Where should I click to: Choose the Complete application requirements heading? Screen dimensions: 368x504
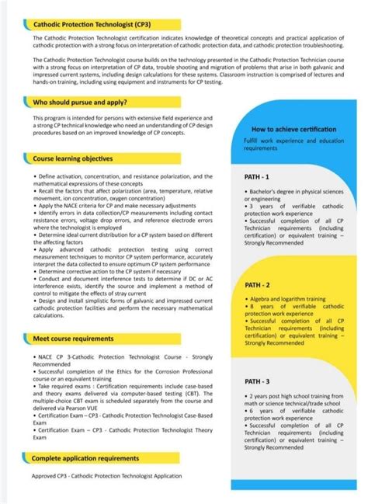pyautogui.click(x=85, y=458)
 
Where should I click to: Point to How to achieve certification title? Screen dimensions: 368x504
pyautogui.click(x=293, y=129)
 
